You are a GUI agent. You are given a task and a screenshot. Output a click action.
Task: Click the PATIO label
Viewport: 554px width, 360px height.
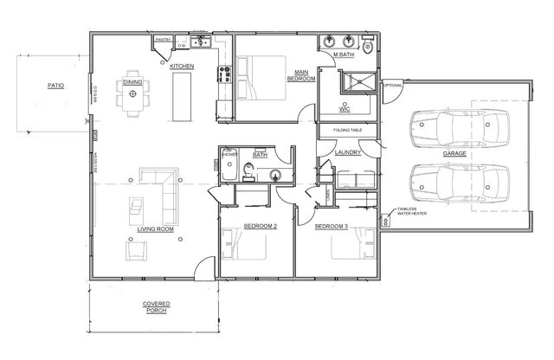pos(56,86)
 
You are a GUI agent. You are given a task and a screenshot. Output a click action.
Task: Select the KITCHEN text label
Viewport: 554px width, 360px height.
pos(181,67)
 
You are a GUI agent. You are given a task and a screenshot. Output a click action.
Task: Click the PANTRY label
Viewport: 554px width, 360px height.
pos(162,40)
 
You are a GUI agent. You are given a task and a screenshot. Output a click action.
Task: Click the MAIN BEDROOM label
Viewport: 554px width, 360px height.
pos(300,75)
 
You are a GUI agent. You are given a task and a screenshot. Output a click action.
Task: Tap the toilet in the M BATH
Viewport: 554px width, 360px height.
pos(367,43)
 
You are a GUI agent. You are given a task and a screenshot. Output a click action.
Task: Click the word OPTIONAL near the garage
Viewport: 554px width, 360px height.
pos(393,85)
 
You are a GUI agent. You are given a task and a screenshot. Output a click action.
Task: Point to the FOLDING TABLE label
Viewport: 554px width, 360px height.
pos(346,131)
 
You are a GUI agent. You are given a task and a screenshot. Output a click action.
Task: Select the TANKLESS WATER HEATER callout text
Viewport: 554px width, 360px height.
pos(410,212)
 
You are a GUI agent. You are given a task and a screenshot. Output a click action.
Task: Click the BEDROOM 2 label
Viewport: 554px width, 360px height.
pos(260,227)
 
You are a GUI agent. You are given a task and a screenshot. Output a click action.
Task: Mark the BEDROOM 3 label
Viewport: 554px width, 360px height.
pos(331,227)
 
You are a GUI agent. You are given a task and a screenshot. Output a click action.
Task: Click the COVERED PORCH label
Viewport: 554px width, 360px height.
pos(156,309)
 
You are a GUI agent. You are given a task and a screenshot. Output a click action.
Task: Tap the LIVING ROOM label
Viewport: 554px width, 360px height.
pos(156,229)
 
